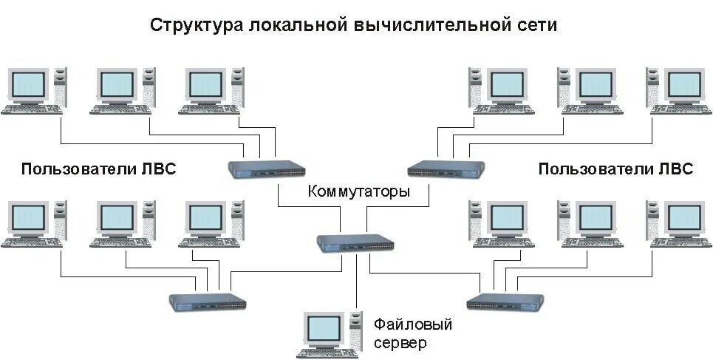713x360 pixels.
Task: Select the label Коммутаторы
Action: [x=358, y=192]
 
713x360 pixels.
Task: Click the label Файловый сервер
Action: [x=412, y=333]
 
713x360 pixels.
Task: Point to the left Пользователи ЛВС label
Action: [x=99, y=169]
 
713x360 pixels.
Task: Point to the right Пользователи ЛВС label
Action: [x=615, y=169]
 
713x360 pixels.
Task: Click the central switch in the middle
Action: [x=355, y=242]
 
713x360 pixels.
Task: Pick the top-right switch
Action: [x=446, y=169]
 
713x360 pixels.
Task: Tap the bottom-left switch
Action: [x=208, y=302]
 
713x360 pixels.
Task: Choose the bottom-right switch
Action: [x=505, y=302]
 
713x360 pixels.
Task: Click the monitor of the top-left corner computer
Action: [x=28, y=84]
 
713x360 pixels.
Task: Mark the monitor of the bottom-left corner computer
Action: [x=28, y=217]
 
